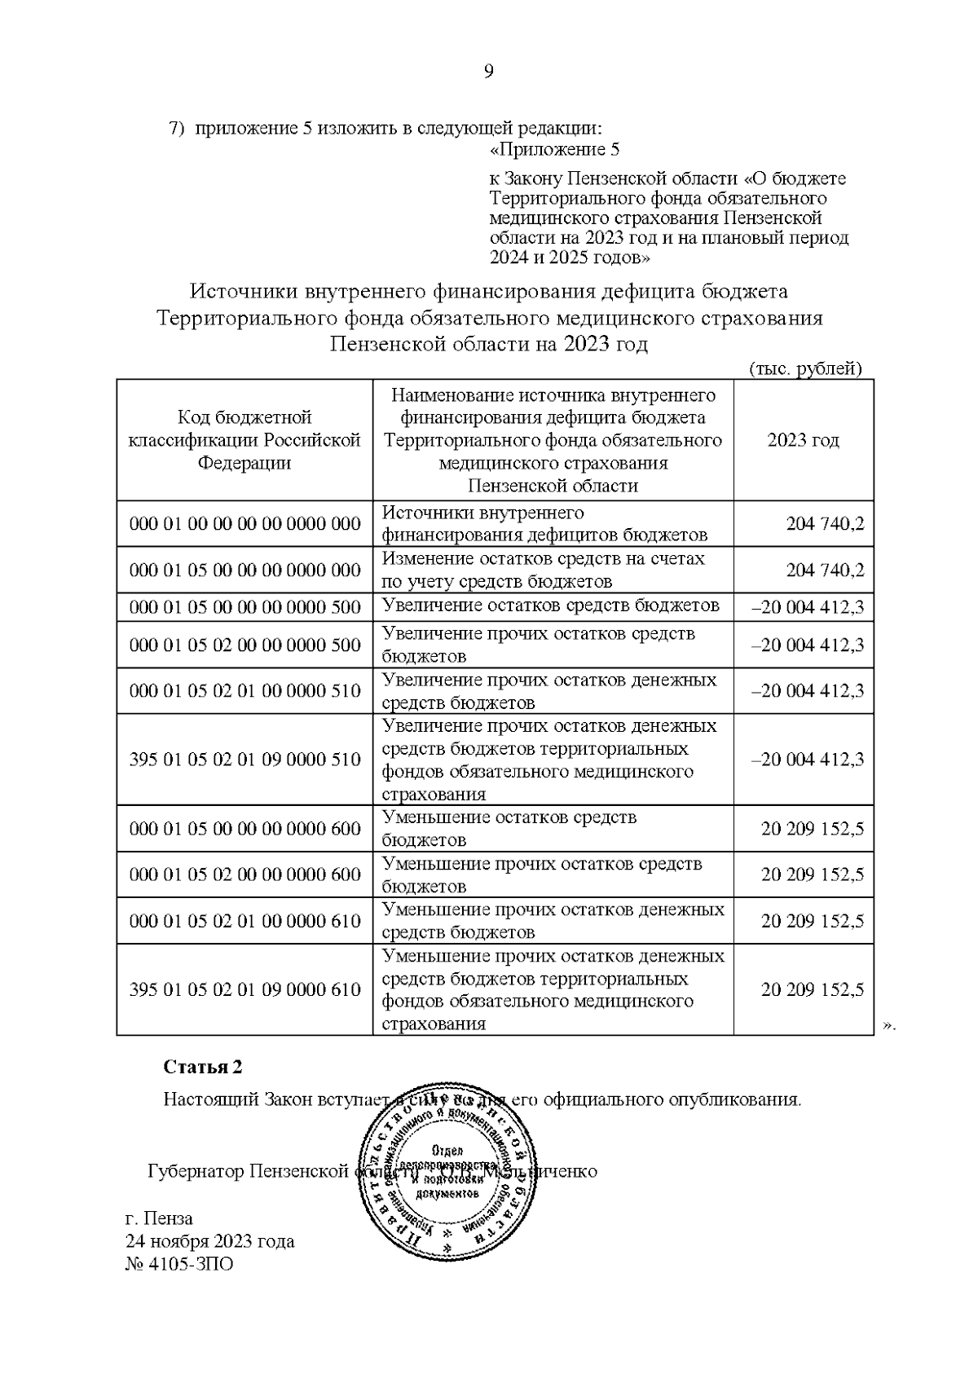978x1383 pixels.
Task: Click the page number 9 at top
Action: coord(488,72)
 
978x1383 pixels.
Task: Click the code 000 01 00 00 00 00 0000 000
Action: coord(244,523)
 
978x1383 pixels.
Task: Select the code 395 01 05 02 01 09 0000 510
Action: coord(244,760)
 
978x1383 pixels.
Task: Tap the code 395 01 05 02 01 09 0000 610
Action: coord(244,989)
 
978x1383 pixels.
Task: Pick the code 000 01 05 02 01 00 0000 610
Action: coord(244,921)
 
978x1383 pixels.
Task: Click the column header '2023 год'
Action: coord(803,440)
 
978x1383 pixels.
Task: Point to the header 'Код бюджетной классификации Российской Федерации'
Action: coord(244,440)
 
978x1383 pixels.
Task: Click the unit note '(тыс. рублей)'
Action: coord(804,368)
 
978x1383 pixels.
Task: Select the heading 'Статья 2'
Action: coord(203,1067)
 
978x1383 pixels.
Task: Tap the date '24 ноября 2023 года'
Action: coord(209,1241)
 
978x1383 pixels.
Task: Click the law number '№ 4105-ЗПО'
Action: coord(178,1264)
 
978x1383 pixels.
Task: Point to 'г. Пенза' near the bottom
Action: coord(159,1218)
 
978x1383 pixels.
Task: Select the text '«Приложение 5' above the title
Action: coord(554,150)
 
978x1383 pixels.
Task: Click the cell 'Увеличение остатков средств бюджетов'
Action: coord(551,606)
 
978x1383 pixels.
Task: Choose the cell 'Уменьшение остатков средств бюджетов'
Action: coord(509,828)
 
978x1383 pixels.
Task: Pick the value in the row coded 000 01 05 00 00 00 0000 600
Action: coord(812,829)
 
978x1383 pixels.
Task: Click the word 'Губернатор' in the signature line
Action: coord(196,1171)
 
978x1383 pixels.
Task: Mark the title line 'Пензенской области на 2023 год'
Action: coord(488,344)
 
